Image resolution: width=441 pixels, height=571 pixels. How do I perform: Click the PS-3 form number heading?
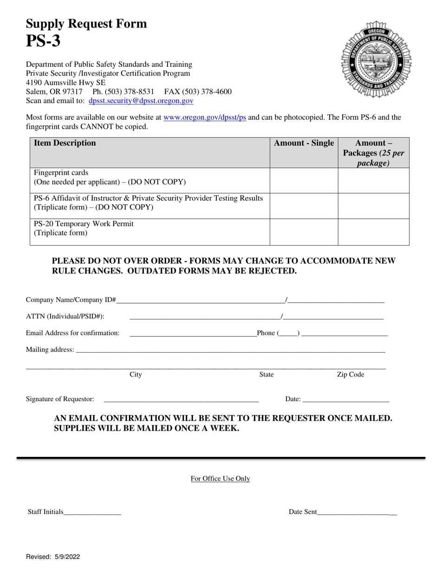[x=43, y=41]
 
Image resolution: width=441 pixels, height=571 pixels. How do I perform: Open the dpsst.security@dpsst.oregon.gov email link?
[x=141, y=100]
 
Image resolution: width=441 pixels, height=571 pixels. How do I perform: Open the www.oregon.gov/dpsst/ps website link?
[x=205, y=117]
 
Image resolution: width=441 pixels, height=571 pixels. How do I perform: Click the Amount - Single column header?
[x=304, y=143]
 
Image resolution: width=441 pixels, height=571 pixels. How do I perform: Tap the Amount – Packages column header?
[x=374, y=153]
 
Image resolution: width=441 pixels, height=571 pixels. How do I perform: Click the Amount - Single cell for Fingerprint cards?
[x=304, y=180]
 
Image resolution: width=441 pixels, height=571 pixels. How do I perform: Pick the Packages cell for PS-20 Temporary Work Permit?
[x=374, y=232]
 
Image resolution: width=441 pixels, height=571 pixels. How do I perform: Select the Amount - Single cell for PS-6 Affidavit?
[x=304, y=206]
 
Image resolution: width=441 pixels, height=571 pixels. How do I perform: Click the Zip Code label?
[x=350, y=375]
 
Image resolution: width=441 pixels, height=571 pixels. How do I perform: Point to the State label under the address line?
[x=266, y=375]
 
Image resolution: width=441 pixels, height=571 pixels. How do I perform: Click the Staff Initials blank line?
[x=92, y=513]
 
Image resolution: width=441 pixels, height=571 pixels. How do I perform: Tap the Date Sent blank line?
[x=357, y=513]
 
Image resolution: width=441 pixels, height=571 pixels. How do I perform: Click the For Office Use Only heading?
[x=220, y=479]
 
